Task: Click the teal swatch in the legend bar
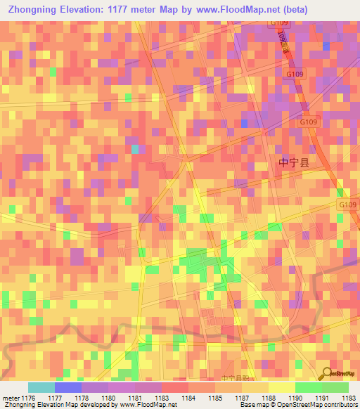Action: pyautogui.click(x=41, y=387)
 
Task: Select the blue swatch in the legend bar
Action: pyautogui.click(x=68, y=387)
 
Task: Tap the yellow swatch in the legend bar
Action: pyautogui.click(x=281, y=387)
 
